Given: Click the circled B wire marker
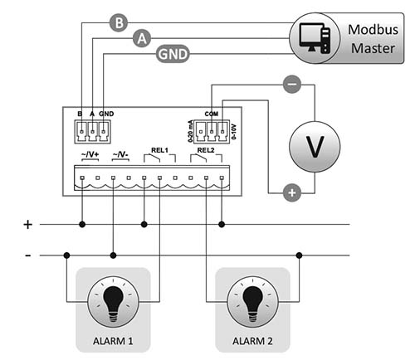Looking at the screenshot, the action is [x=119, y=22].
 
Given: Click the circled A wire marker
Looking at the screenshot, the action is [x=142, y=38].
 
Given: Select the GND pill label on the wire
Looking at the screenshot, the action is [x=173, y=54].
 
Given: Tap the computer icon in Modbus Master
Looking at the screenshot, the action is [x=315, y=38].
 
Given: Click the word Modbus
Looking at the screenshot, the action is [x=373, y=30].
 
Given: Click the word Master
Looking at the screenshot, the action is [x=373, y=48].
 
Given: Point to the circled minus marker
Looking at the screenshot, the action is [x=292, y=84].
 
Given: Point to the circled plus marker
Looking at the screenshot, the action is [x=292, y=192].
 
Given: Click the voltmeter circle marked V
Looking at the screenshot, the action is [x=315, y=147].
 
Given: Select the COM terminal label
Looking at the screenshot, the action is [x=212, y=114].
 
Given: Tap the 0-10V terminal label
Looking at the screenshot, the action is [x=234, y=132].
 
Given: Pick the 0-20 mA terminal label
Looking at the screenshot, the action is [x=190, y=131].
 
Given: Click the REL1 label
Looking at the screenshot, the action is [x=159, y=150].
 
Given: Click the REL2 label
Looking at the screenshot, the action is [x=206, y=150].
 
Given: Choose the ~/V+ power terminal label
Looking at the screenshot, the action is [x=90, y=154].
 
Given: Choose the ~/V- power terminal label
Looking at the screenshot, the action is [x=120, y=154].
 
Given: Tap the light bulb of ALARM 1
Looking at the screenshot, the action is [x=113, y=302].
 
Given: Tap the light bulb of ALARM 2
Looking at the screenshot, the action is [x=252, y=302].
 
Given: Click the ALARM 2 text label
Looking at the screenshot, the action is [x=252, y=341].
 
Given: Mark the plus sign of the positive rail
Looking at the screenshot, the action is [x=27, y=225].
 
